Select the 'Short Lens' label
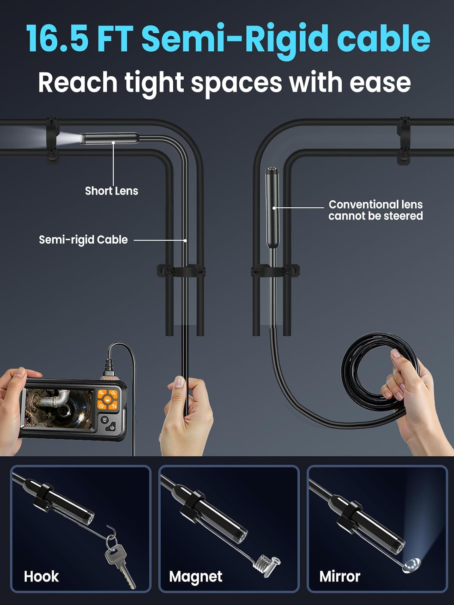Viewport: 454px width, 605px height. pyautogui.click(x=111, y=191)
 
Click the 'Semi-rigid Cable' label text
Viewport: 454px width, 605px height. pyautogui.click(x=83, y=240)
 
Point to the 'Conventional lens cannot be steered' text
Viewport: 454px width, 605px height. pyautogui.click(x=375, y=210)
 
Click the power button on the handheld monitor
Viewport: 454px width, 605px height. pyautogui.click(x=112, y=428)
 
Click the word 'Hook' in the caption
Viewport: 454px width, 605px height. pyautogui.click(x=41, y=576)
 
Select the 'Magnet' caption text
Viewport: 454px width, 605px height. pyautogui.click(x=196, y=577)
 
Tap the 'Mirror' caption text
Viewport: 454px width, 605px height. pyautogui.click(x=339, y=576)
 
